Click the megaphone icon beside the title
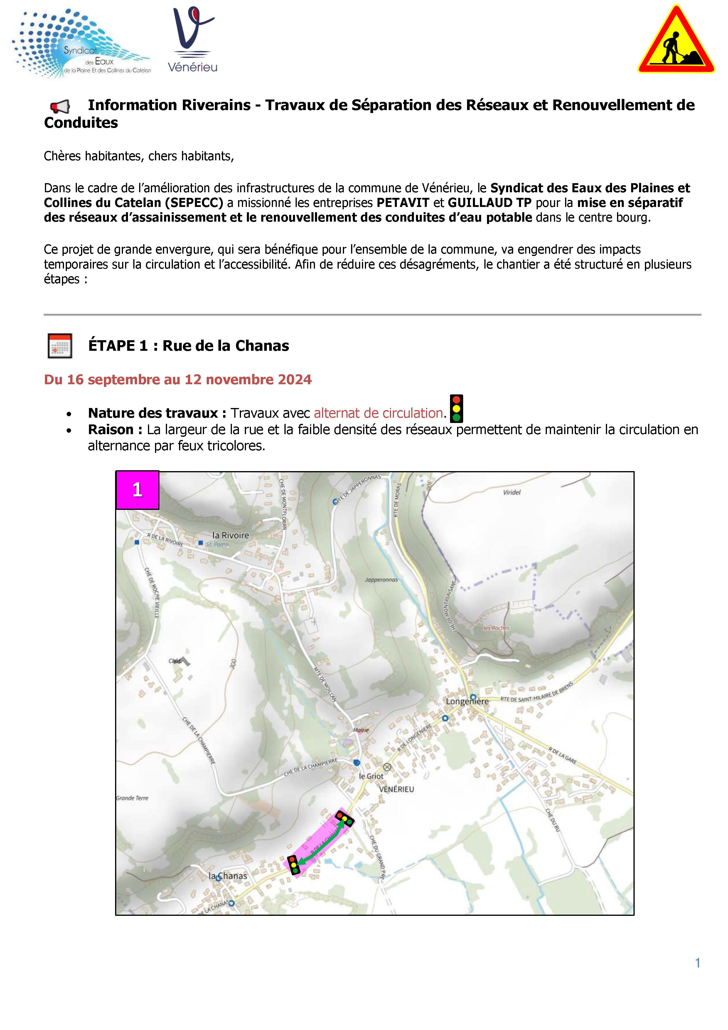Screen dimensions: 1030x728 60,106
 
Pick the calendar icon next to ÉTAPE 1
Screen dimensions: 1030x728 60,345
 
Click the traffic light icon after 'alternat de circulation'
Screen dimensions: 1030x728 456,409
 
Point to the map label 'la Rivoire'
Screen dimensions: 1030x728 230,535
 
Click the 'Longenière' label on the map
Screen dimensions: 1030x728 467,702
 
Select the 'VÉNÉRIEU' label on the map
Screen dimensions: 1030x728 397,789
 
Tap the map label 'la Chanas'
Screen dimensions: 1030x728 228,875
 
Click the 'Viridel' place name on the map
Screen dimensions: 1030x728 512,492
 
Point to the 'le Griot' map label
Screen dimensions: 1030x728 371,776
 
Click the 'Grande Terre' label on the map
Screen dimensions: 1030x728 132,798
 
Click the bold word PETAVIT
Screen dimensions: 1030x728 403,203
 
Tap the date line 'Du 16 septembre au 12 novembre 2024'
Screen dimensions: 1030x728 178,380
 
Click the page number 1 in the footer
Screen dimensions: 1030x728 697,963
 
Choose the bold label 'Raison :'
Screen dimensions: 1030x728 115,430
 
